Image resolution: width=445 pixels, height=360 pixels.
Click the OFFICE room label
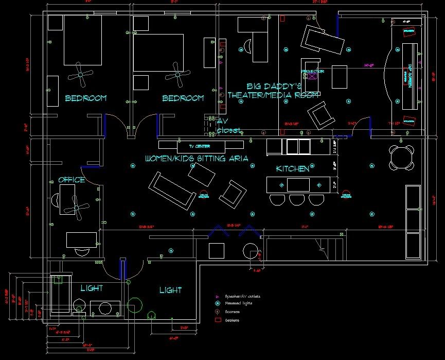pos(72,180)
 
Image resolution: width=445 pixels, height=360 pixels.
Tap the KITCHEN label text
pos(293,168)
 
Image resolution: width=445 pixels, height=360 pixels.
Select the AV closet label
pos(227,126)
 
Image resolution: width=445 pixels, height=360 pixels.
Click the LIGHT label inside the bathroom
pos(92,287)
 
